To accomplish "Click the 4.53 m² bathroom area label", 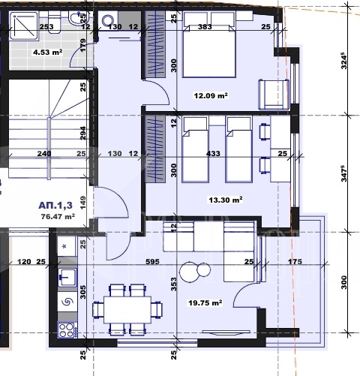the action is pyautogui.click(x=47, y=53).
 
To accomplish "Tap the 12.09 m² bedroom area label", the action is pyautogui.click(x=211, y=95).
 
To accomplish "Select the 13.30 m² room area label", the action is pyautogui.click(x=226, y=200).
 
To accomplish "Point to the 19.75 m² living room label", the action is pyautogui.click(x=205, y=303).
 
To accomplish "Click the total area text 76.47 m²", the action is pyautogui.click(x=58, y=216).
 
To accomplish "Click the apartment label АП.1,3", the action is pyautogui.click(x=55, y=206).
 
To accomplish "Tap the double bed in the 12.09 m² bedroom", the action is pyautogui.click(x=209, y=51).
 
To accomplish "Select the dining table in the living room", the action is pyautogui.click(x=127, y=310).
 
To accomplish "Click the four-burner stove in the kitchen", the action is pyautogui.click(x=67, y=330).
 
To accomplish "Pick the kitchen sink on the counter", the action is pyautogui.click(x=67, y=277).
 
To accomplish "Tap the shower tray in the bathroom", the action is pyautogui.click(x=24, y=26).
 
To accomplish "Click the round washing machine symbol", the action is pyautogui.click(x=108, y=20).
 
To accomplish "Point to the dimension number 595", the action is pyautogui.click(x=152, y=262).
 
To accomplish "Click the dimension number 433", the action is pyautogui.click(x=213, y=153).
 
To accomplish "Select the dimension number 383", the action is pyautogui.click(x=205, y=26).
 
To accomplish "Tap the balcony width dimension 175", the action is pyautogui.click(x=295, y=262).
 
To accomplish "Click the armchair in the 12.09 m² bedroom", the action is pyautogui.click(x=274, y=95).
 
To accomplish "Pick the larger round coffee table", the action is pyautogui.click(x=190, y=272).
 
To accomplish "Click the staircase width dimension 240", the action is pyautogui.click(x=44, y=153).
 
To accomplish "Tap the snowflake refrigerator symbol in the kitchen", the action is pyautogui.click(x=64, y=246).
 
